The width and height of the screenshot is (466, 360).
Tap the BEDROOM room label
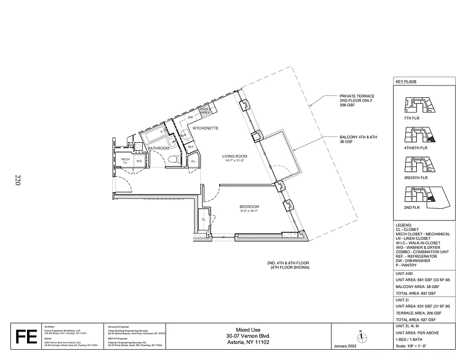[249, 206]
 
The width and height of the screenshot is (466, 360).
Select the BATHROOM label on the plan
[158, 148]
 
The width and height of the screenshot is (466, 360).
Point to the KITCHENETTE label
[205, 128]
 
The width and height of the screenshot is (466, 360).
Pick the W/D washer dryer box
[139, 161]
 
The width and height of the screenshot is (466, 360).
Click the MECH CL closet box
[125, 161]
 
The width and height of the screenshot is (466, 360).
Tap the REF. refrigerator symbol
[191, 147]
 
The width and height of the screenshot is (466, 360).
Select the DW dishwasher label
[190, 117]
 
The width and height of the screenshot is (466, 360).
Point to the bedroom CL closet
[204, 219]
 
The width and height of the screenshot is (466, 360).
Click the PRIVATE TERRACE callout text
[357, 100]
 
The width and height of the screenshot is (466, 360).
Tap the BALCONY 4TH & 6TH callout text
[358, 139]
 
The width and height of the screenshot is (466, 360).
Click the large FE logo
[26, 337]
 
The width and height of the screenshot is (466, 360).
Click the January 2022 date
[346, 346]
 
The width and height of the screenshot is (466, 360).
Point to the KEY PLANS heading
[406, 82]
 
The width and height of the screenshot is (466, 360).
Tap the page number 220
[18, 180]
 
